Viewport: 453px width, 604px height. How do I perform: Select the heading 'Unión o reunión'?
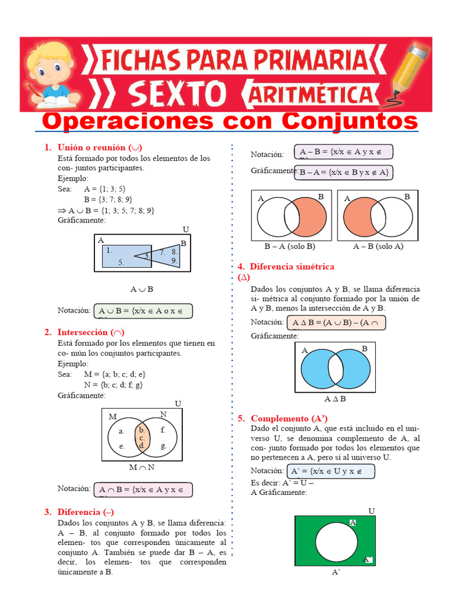click(x=100, y=147)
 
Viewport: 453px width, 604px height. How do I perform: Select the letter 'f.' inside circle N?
click(x=163, y=430)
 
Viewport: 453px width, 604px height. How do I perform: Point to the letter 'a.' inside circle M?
click(x=122, y=431)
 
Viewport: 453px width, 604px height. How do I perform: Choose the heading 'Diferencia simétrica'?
click(x=291, y=267)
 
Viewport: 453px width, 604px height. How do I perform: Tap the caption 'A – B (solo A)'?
click(x=378, y=246)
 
